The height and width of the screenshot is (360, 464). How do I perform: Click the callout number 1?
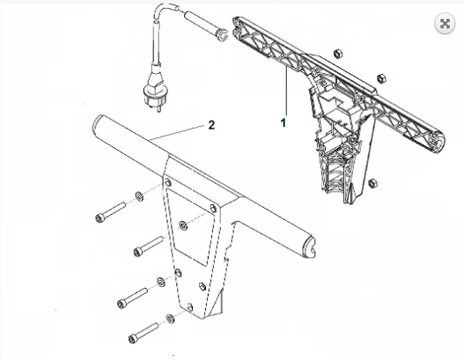(284, 122)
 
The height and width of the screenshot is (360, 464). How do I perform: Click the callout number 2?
(211, 125)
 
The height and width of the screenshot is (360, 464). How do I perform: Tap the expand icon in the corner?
(445, 24)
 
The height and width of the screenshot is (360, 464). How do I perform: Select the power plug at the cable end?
(152, 85)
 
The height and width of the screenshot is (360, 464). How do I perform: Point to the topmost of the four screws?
(110, 211)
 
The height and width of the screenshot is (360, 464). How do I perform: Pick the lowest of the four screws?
(144, 333)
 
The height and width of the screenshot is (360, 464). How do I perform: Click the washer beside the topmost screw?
(140, 196)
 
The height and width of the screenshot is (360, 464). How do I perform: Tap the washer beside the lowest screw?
(170, 319)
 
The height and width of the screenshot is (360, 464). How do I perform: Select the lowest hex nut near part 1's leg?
(372, 183)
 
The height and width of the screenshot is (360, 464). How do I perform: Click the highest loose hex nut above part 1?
(338, 54)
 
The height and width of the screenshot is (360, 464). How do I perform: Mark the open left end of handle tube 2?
(97, 123)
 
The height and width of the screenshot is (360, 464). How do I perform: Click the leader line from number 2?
(177, 132)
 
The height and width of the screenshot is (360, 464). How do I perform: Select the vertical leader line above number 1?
(286, 92)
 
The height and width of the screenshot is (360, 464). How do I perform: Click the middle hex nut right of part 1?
(382, 78)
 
